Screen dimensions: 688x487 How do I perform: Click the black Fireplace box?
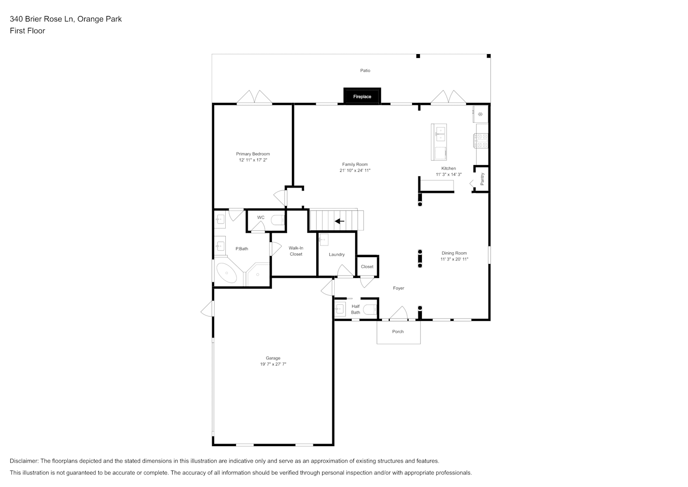[x=362, y=96]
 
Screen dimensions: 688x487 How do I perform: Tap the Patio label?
[x=365, y=71]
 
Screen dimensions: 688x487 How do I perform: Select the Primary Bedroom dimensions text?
[x=253, y=160]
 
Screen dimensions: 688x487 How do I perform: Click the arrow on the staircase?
[x=340, y=221]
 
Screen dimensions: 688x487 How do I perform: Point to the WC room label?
[x=261, y=217]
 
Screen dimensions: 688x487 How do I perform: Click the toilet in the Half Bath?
[x=370, y=309]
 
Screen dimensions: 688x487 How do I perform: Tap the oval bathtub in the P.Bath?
[x=227, y=273]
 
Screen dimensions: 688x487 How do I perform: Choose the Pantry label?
[x=482, y=179]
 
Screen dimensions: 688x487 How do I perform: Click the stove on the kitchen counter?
[x=481, y=141]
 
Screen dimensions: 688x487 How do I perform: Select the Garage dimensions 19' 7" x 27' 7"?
[x=273, y=364]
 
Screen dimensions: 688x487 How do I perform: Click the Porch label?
[x=398, y=332]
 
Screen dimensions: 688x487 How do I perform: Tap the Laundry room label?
[x=337, y=254]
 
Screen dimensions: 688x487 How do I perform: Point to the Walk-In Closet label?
[x=296, y=251]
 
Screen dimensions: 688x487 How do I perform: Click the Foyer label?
[x=398, y=288]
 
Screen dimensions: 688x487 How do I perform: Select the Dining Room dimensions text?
[x=454, y=259]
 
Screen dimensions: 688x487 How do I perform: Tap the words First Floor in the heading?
[x=27, y=31]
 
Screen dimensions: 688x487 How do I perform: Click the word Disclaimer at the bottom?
[x=24, y=461]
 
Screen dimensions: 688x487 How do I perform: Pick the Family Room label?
[x=355, y=164]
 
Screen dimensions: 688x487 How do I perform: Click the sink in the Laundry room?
[x=324, y=240]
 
